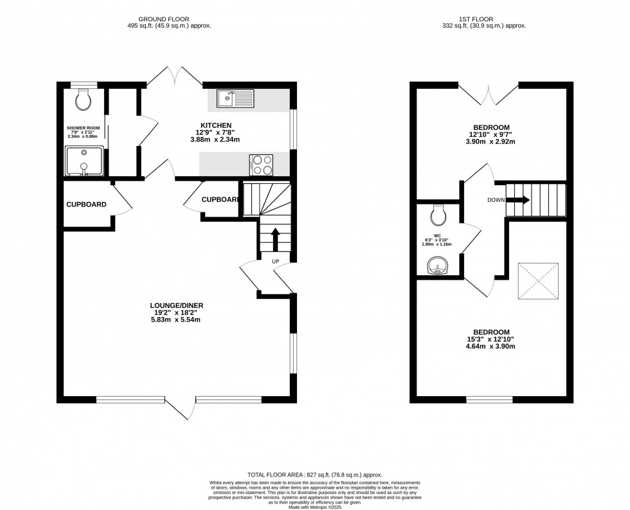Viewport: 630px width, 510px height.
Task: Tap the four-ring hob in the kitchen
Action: pyautogui.click(x=261, y=165)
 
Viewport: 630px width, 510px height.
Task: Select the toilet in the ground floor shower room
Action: pyautogui.click(x=82, y=100)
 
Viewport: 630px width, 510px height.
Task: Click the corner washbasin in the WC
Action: pyautogui.click(x=438, y=265)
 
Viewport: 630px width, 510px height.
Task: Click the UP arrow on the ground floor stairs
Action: pyautogui.click(x=276, y=239)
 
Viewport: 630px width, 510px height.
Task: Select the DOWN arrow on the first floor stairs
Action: pyautogui.click(x=518, y=200)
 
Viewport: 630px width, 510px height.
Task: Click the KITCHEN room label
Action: pyautogui.click(x=216, y=125)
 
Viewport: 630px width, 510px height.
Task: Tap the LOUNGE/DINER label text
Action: pyautogui.click(x=177, y=305)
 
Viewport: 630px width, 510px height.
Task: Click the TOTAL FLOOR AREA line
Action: pyautogui.click(x=314, y=473)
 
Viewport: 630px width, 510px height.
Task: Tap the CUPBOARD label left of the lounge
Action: pyautogui.click(x=86, y=205)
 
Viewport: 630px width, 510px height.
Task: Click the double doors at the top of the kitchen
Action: pyautogui.click(x=175, y=76)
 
